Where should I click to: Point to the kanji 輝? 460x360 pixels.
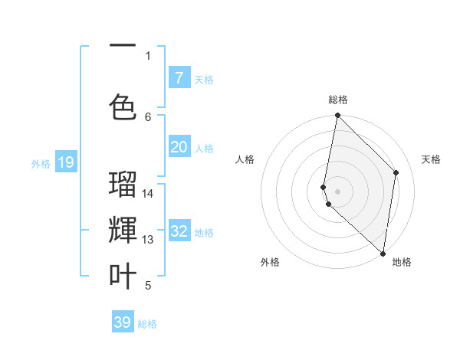coord(123,231)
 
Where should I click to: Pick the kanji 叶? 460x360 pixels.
coord(123,277)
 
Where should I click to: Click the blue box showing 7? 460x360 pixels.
coord(179,78)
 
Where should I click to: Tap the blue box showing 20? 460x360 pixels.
coord(179,147)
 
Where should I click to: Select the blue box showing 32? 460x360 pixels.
coord(179,231)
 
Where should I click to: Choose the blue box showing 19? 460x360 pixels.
coord(65,162)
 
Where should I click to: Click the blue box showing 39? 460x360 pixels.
coord(123,322)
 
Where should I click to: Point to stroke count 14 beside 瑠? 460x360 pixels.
coord(148,193)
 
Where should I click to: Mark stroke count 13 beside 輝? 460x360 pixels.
coord(148,240)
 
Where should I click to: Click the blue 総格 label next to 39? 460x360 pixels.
coord(147,324)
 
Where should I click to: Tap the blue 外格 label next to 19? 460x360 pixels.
coord(41,163)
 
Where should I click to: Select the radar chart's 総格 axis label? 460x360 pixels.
coord(338,100)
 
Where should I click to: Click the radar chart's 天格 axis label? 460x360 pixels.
coord(431,159)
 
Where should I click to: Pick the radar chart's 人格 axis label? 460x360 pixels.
coord(245,159)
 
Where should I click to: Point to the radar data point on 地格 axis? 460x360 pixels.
coord(383,254)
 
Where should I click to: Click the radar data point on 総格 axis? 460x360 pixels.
coord(338,116)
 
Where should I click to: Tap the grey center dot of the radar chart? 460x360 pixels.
coord(338,191)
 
